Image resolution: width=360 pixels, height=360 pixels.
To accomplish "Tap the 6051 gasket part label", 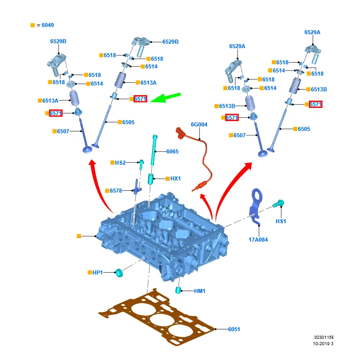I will pos(234,329).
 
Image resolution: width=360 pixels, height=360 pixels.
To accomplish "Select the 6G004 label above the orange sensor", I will pos(199,125).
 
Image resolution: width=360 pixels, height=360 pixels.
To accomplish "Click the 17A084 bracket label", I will pos(258,240).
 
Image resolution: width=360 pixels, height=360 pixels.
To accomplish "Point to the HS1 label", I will pos(281,221).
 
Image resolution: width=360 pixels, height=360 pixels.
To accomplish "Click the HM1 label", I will pos(200,291).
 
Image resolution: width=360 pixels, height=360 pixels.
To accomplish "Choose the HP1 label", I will pos(98,272).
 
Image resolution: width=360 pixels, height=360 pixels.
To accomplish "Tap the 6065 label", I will pos(172,152).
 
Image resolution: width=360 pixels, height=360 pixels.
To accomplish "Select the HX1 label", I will pos(175,179).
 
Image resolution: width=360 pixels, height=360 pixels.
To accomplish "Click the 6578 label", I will pos(116,191).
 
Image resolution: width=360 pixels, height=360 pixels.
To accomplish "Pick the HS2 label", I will pos(120,162).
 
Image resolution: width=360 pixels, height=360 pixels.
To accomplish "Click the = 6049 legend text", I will pos(45,25).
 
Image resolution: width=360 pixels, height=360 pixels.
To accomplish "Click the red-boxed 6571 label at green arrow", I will pos(140,99).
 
